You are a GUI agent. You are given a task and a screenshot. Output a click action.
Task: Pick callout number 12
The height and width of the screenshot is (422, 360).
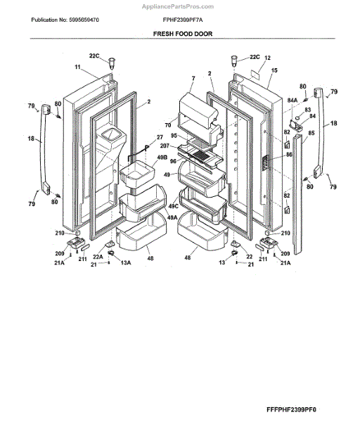click(x=267, y=58)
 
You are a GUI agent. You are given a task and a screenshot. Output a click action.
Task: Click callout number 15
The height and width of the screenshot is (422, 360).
click(x=274, y=70)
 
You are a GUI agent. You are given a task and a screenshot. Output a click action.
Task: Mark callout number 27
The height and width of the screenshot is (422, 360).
click(x=159, y=137)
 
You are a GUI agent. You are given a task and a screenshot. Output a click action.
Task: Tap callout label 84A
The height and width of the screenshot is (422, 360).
click(x=292, y=101)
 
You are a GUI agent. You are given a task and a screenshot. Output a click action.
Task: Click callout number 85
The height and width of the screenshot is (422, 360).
click(x=311, y=132)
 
